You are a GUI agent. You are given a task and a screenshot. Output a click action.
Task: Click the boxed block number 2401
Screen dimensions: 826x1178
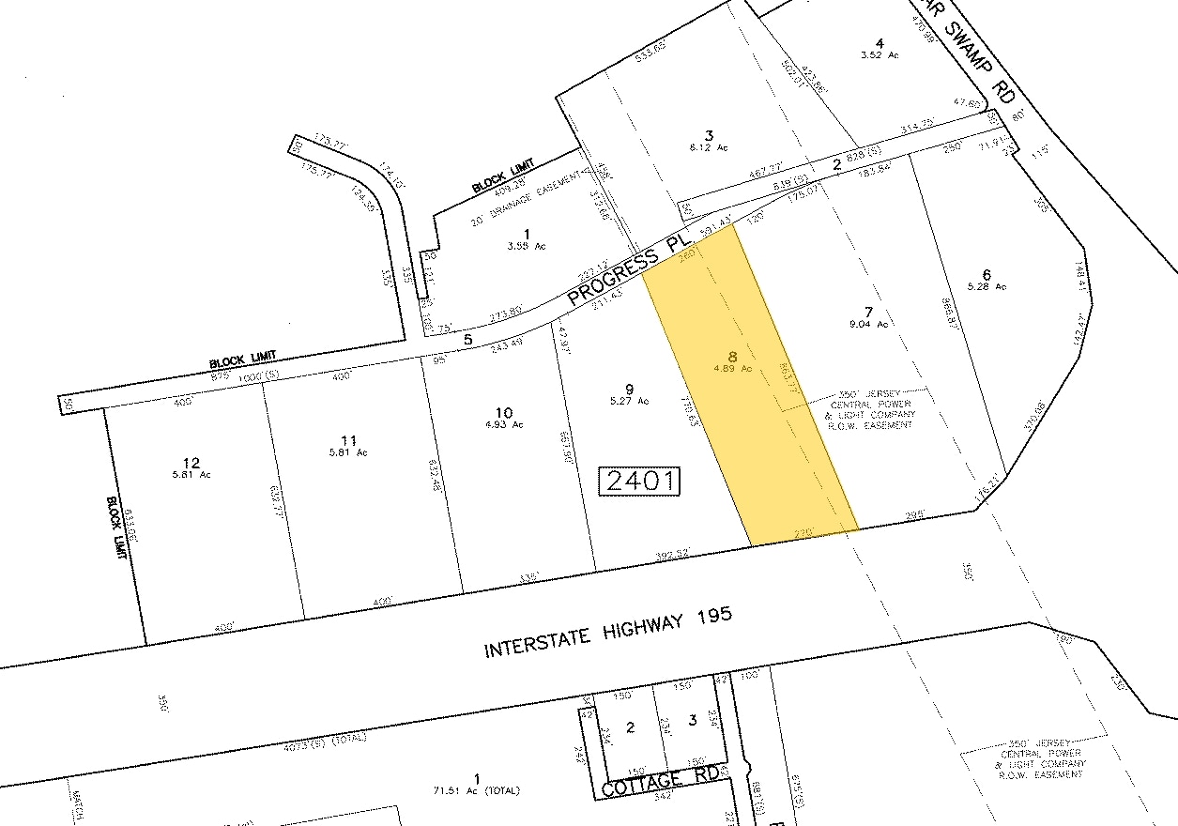click(x=640, y=482)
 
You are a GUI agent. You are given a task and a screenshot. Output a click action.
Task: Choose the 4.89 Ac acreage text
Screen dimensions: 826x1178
click(x=733, y=369)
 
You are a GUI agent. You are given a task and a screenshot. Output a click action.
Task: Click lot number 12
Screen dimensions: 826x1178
click(x=191, y=462)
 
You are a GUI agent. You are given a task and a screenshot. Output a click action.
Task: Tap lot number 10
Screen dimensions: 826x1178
click(x=504, y=412)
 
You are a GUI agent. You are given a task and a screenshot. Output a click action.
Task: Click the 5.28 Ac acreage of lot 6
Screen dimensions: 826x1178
click(x=987, y=286)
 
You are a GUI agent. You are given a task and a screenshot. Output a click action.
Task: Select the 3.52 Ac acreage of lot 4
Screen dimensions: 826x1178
click(x=880, y=55)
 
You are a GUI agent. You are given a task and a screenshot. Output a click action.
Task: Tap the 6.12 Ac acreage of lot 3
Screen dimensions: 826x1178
click(x=709, y=147)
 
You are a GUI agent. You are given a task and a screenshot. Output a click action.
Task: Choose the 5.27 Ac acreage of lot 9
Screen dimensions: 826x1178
click(x=629, y=401)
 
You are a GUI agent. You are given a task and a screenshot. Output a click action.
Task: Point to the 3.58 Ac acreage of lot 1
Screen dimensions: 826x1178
click(x=527, y=246)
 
